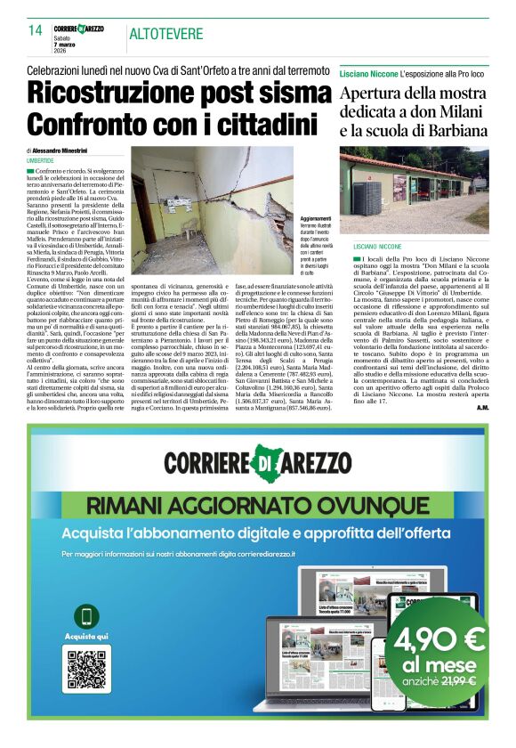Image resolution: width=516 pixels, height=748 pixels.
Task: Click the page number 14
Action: (36, 30)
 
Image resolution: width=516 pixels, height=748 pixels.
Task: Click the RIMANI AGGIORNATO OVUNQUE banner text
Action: (259, 507)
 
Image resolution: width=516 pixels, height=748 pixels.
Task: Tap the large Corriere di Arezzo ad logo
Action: (258, 465)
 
